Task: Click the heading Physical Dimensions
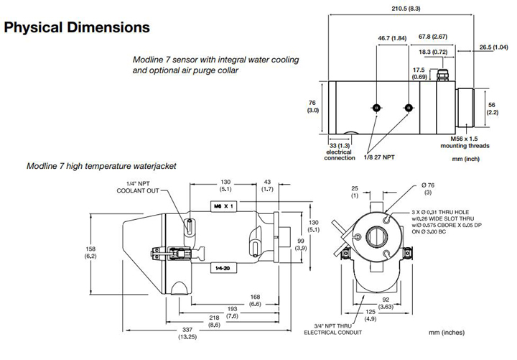point(77,28)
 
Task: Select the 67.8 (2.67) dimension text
point(433,36)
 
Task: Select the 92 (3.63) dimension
point(385,304)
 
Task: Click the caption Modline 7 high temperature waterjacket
point(101,166)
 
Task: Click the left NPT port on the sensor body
point(376,108)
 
